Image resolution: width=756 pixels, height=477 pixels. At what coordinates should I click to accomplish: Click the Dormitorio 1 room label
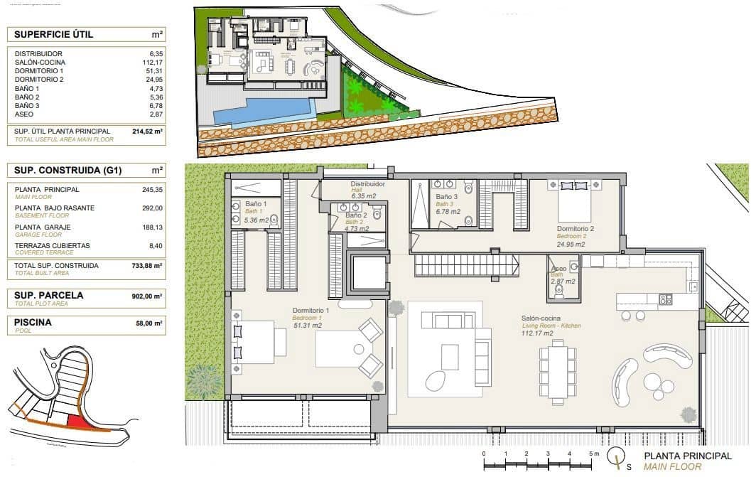311,311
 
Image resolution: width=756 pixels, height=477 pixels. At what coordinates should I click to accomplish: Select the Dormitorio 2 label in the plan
576,229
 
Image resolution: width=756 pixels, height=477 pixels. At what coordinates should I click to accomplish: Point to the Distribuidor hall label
367,184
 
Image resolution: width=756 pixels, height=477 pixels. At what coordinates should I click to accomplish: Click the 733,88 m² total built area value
148,266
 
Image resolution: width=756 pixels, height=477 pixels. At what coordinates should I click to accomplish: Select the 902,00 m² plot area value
148,295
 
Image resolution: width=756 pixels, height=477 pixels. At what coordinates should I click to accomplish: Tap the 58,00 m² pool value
150,322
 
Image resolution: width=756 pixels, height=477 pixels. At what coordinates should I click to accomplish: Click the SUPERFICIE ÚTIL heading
53,34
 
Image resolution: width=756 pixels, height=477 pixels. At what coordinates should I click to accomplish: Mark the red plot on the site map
77,422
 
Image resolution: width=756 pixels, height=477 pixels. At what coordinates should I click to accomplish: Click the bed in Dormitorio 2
574,198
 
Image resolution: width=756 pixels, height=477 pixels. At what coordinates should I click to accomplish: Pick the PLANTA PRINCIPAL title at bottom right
687,456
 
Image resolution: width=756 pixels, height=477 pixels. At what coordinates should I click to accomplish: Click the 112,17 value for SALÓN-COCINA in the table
152,63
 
